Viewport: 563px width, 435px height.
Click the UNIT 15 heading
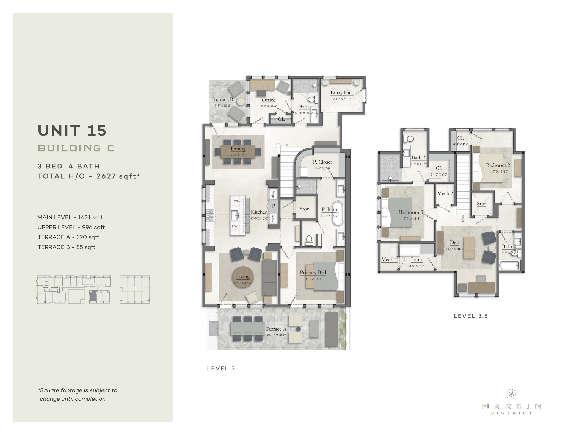(72, 131)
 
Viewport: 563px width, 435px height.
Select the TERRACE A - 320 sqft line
(68, 237)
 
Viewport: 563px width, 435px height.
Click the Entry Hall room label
(341, 93)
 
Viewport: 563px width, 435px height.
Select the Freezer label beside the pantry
(273, 218)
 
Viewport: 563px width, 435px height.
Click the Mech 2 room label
(445, 193)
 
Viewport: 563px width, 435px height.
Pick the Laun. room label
(417, 259)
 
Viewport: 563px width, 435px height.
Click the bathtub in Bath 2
(509, 266)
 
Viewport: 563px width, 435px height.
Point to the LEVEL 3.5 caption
(471, 316)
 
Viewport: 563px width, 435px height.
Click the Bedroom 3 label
(411, 212)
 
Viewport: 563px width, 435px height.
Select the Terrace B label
(223, 99)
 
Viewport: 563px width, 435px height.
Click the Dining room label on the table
(238, 149)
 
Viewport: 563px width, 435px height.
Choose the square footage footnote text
(77, 394)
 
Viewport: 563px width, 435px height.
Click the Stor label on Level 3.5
(481, 204)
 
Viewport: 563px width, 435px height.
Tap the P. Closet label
(322, 162)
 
